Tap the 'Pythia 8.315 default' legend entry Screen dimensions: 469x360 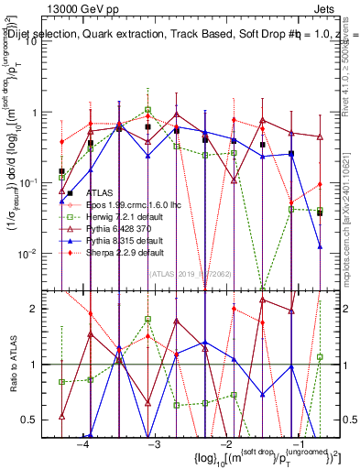pos(119,240)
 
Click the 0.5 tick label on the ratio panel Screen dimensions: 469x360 pos(40,419)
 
